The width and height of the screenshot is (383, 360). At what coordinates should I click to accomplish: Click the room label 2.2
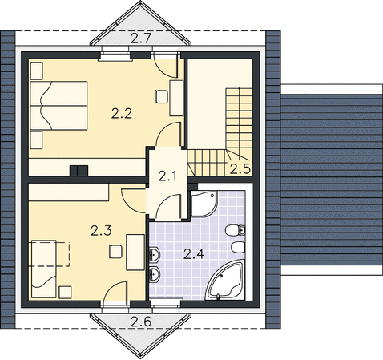tap(122, 114)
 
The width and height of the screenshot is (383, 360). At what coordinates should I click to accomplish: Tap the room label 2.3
tap(101, 230)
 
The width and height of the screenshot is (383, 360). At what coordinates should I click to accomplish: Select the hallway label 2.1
tap(167, 176)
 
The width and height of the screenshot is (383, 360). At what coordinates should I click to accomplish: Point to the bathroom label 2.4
tap(194, 254)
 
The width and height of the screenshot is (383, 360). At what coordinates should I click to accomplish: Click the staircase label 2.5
tap(240, 169)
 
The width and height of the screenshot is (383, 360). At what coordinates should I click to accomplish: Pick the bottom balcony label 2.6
tap(141, 322)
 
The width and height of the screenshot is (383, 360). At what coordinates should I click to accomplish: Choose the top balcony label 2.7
tap(141, 38)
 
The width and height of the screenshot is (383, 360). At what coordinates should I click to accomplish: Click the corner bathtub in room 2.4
tap(225, 281)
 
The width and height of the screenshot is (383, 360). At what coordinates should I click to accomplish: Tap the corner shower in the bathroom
tap(204, 204)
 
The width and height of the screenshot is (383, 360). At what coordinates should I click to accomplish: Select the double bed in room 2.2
tap(58, 106)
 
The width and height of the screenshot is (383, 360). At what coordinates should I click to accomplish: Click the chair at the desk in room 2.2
tap(161, 97)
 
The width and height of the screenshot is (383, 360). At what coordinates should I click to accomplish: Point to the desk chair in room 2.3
tap(115, 252)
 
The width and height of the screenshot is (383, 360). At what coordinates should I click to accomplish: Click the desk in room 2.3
tap(135, 253)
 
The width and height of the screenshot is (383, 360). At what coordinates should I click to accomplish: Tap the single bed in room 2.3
tap(44, 269)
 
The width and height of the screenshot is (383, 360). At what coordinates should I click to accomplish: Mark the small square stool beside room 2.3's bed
tap(65, 292)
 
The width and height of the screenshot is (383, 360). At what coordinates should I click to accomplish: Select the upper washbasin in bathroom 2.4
tap(154, 254)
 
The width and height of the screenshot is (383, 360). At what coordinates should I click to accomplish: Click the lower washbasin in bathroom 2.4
tap(154, 274)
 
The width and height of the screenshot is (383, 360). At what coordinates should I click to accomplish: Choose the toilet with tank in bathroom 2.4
tap(236, 230)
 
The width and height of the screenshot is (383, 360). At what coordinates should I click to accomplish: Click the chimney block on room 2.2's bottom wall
tap(79, 171)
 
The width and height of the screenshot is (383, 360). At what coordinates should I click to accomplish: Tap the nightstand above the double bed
tap(37, 71)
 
